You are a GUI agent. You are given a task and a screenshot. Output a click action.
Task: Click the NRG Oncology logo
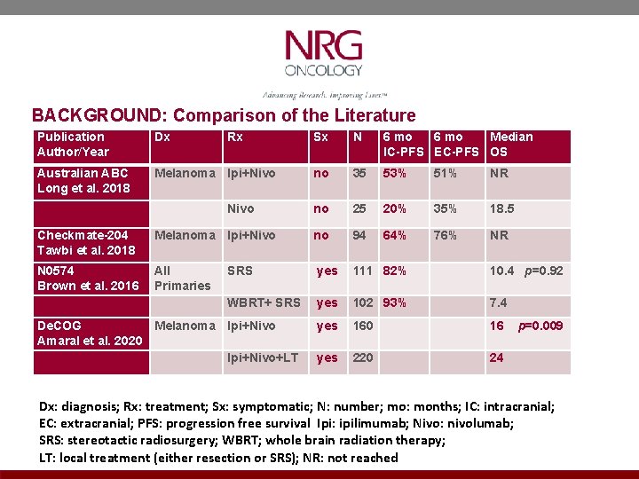click(x=323, y=54)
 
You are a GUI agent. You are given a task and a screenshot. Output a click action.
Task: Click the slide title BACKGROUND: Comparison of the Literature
click(x=224, y=115)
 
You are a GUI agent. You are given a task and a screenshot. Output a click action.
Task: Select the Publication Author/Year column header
click(x=71, y=145)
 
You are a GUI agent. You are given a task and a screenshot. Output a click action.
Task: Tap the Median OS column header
click(x=511, y=145)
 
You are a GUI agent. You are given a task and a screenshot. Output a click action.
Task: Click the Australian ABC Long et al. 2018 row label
click(x=83, y=181)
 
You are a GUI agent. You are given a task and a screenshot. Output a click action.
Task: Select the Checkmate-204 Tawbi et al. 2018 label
click(x=85, y=242)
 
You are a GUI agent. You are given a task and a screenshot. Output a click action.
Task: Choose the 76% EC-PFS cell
click(x=446, y=235)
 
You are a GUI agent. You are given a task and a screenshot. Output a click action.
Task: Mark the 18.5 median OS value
click(x=502, y=208)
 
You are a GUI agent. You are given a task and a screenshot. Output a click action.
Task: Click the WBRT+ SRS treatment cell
click(x=264, y=303)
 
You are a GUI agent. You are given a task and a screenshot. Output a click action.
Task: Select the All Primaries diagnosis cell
click(x=182, y=278)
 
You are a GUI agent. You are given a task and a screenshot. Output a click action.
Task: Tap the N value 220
click(x=363, y=358)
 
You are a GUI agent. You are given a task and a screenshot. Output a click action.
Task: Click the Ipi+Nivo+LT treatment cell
click(x=263, y=358)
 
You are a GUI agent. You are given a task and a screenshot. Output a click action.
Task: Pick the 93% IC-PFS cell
click(x=394, y=303)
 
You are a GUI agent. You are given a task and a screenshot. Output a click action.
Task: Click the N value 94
click(x=359, y=235)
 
